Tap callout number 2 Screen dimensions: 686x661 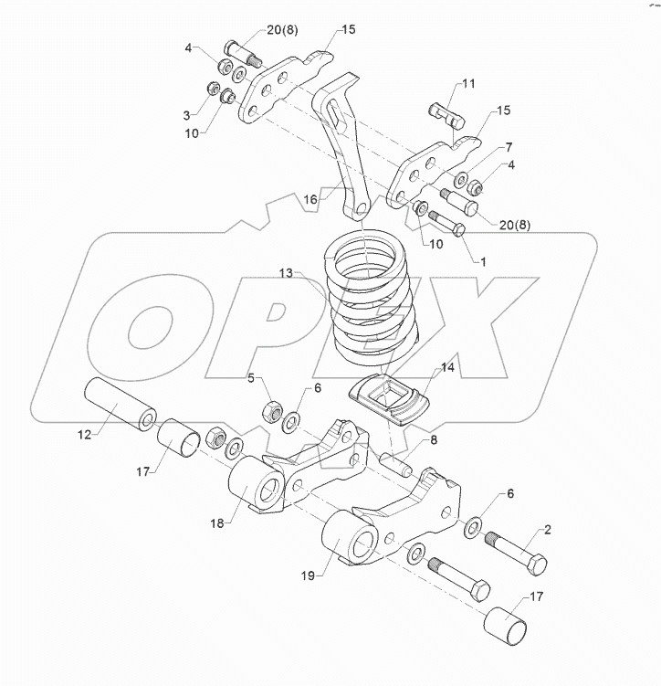[548, 529]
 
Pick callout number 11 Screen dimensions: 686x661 [468, 84]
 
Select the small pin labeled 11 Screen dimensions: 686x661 [446, 114]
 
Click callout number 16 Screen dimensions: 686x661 [311, 197]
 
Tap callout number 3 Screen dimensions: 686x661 [187, 115]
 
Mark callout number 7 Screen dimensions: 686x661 [509, 147]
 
